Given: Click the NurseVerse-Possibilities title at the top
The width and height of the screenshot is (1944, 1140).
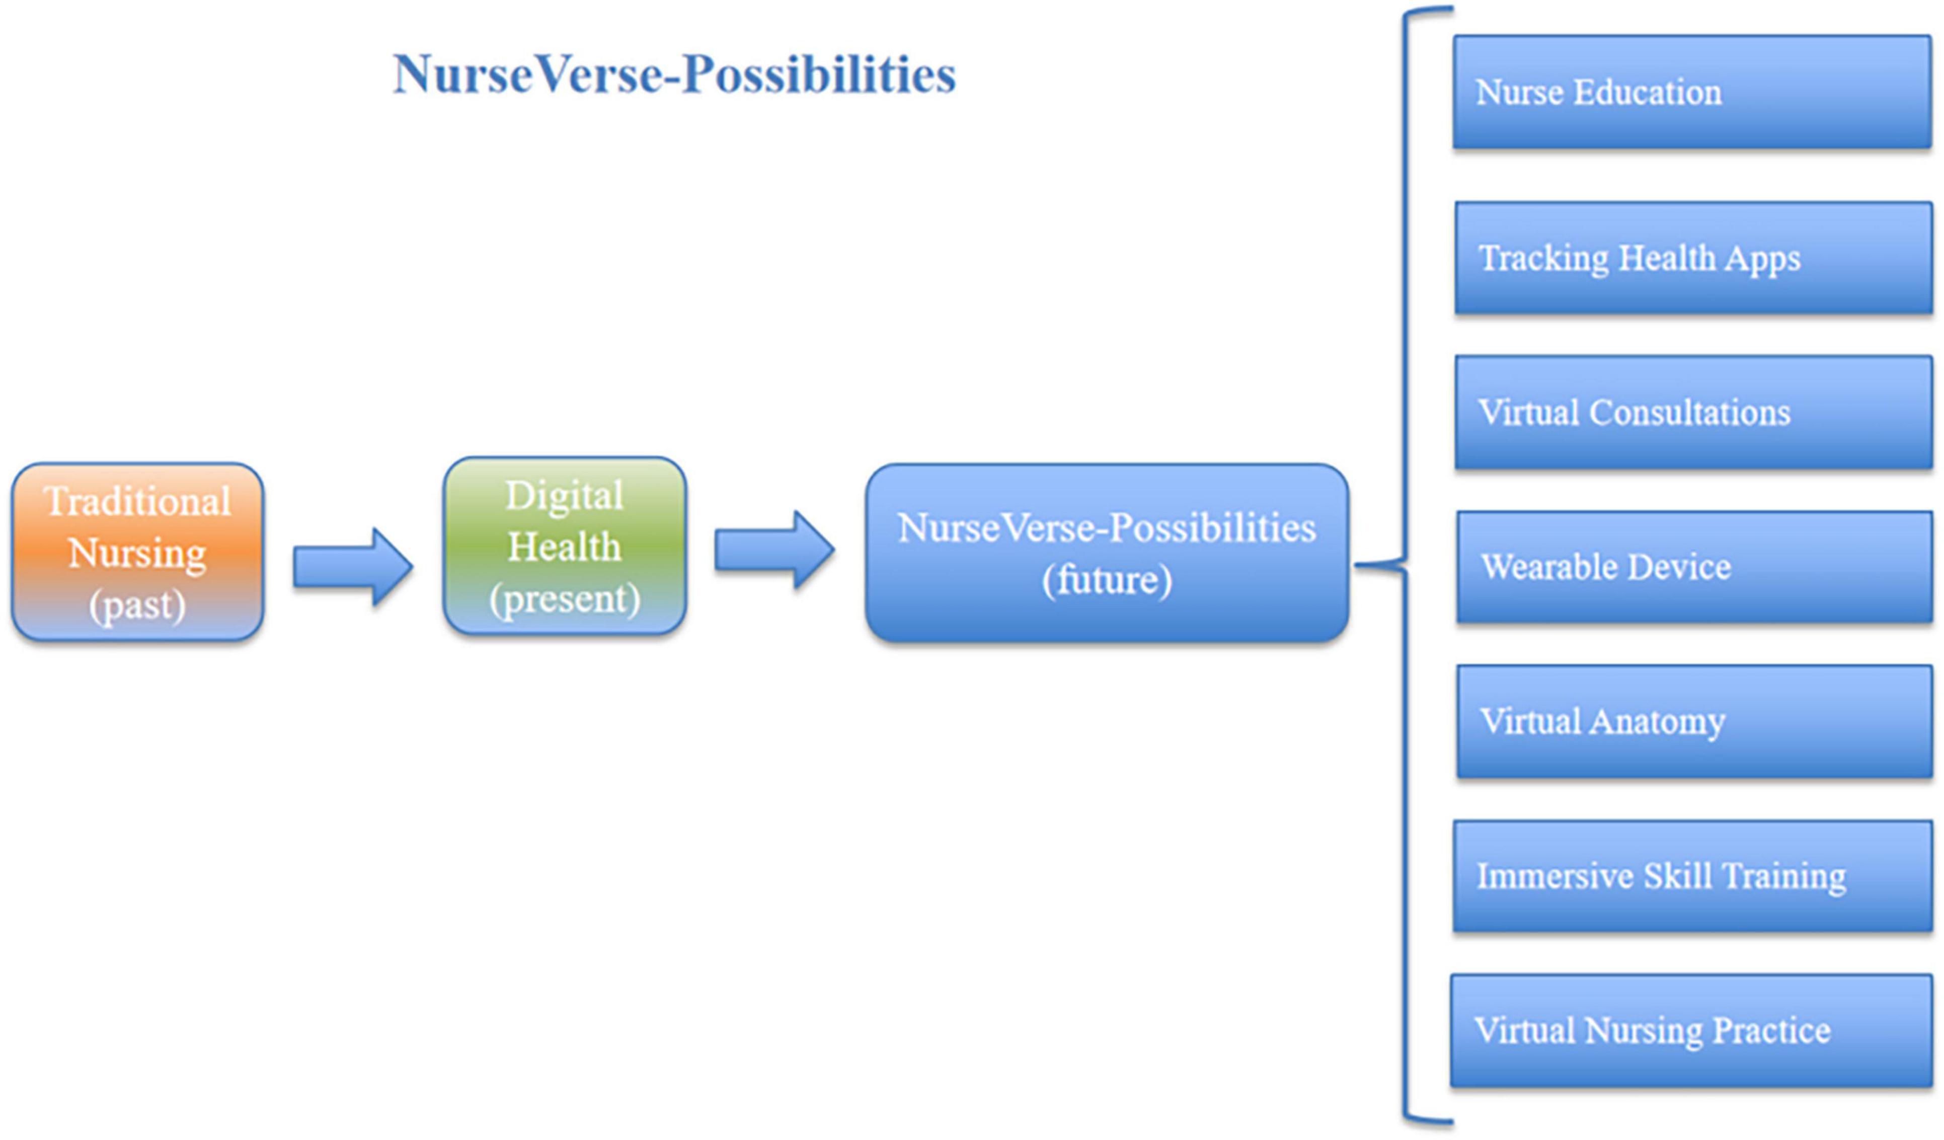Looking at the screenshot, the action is (674, 75).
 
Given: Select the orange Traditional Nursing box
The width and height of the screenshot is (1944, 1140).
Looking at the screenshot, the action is (138, 552).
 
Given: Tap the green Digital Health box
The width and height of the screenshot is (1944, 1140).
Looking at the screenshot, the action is (565, 546).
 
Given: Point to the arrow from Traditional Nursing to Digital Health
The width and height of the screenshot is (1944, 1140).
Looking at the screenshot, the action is (353, 567).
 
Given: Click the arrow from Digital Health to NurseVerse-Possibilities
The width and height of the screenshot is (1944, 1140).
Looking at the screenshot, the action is (774, 551).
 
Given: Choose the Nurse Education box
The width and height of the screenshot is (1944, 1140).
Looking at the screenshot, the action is (1692, 92).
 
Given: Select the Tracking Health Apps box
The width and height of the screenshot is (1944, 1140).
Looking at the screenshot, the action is (1694, 258).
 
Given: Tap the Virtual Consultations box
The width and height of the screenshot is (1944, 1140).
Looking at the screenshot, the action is (1694, 412).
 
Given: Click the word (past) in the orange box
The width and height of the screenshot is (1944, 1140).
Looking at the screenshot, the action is (137, 605).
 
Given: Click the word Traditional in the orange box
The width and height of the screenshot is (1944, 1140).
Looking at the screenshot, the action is (138, 501).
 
